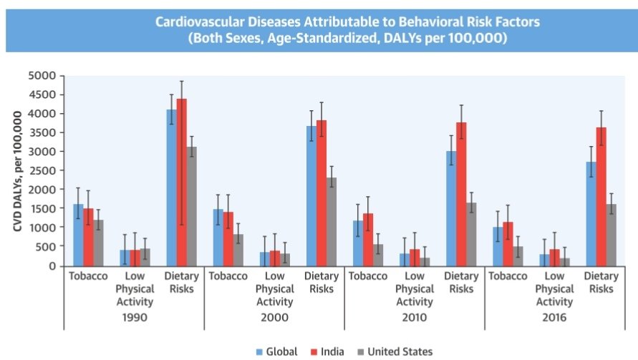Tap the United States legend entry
pyautogui.click(x=396, y=351)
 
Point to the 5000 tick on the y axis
pyautogui.click(x=42, y=75)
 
